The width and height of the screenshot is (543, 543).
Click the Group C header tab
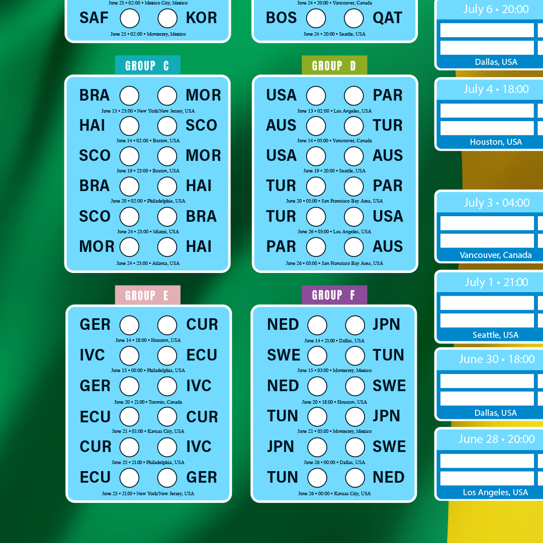(147, 65)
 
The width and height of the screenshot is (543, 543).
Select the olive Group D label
(334, 65)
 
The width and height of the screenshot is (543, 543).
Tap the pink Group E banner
(147, 295)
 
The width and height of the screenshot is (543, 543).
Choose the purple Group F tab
(334, 295)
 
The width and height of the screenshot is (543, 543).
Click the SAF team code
(94, 18)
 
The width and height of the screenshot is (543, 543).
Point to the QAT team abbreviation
(387, 18)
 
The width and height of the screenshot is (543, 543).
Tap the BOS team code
(281, 18)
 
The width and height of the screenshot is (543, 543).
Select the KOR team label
(201, 18)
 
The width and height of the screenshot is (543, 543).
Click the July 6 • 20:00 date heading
(496, 10)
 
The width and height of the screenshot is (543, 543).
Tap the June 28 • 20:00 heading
(497, 439)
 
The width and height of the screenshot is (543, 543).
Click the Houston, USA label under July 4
(496, 142)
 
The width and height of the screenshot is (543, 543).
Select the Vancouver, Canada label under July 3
(496, 255)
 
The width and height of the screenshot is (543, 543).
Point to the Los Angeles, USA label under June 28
(495, 492)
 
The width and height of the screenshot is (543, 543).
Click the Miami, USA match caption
(148, 232)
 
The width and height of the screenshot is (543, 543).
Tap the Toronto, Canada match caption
(148, 402)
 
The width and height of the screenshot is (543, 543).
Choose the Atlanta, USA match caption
(148, 263)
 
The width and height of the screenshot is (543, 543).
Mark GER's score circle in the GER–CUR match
(130, 325)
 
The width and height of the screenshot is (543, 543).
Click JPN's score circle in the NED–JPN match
(355, 325)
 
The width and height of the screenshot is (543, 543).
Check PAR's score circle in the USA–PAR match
(353, 96)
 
